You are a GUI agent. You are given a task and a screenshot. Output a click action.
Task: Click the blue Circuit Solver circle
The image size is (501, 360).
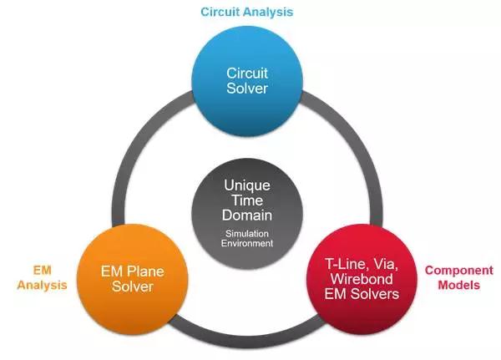coord(247,82)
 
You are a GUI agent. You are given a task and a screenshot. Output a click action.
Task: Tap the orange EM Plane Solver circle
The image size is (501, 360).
coord(133,280)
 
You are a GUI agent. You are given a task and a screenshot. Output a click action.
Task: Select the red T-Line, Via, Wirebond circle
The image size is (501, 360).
coord(362,280)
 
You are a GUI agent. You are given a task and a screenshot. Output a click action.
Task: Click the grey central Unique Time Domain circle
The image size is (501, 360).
coord(247,214)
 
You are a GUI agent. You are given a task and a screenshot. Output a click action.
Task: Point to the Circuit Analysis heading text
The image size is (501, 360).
coord(247,12)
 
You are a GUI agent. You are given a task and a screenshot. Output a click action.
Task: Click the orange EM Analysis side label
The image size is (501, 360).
coord(43,277)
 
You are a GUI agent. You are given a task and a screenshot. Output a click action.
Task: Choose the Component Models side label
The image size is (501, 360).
coord(458,277)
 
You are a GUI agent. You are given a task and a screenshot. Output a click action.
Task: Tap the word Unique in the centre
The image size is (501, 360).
coord(247,185)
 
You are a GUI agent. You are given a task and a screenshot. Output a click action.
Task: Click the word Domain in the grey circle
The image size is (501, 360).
coord(247,215)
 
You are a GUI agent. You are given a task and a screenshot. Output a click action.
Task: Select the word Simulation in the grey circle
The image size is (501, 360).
coord(247,234)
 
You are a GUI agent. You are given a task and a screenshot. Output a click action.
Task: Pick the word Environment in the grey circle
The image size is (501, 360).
coord(247,243)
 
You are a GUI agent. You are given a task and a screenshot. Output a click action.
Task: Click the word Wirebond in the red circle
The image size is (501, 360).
coord(362,279)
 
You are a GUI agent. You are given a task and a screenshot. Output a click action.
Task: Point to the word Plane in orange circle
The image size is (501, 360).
coord(145,271)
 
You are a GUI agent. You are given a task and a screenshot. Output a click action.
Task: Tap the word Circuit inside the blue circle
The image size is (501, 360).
coord(247,74)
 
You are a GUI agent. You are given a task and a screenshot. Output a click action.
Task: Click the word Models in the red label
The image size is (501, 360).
coord(458,285)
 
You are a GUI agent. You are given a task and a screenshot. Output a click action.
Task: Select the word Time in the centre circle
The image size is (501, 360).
coord(247,200)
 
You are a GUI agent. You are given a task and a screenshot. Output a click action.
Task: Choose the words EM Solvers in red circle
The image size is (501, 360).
coord(362,294)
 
